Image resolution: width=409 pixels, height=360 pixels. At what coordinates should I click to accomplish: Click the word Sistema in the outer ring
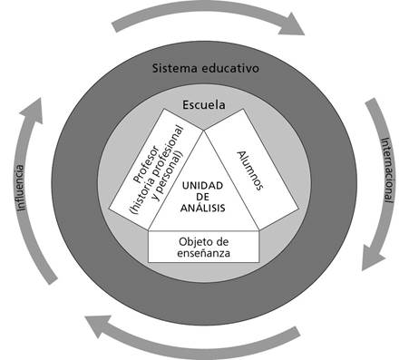pyautogui.click(x=174, y=69)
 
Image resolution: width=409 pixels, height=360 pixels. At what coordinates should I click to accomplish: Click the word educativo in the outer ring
pyautogui.click(x=229, y=69)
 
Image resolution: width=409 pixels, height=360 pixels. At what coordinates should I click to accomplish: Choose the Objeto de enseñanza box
pyautogui.click(x=204, y=245)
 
